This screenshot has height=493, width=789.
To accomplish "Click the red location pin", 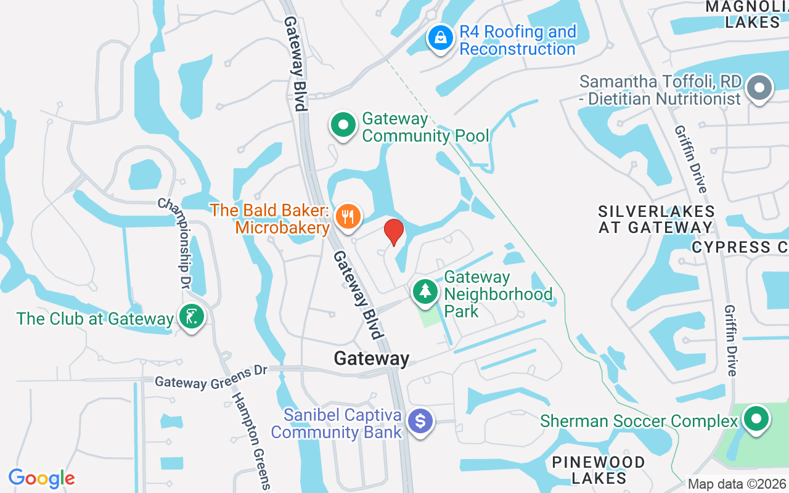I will coord(393,232).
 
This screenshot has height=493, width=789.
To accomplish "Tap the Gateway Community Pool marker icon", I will coord(343,126).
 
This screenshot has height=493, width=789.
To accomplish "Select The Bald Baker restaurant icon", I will coord(348,216).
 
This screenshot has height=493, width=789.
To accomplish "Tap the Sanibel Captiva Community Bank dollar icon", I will coord(421,422).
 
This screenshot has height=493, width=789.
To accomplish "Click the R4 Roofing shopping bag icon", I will coord(441,38).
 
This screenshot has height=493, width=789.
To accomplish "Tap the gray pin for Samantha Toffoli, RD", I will coord(759,89).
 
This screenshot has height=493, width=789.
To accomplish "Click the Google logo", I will coord(41,478).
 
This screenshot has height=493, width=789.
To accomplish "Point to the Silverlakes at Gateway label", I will coord(656,219).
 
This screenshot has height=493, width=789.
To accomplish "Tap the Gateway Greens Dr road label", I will coord(211,377).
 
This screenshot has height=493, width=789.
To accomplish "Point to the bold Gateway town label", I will coord(371,359).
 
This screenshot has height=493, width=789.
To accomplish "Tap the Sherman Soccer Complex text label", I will coord(639,422).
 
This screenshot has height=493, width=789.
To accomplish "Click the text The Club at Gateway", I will coord(95,319).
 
